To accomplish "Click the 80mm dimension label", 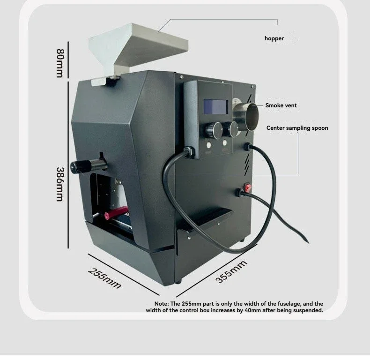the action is click(x=60, y=63).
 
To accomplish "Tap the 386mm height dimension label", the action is click(x=60, y=184).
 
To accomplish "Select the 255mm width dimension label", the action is click(x=104, y=278).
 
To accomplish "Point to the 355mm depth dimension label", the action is click(x=231, y=271).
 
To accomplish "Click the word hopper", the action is click(x=274, y=38).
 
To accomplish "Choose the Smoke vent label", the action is click(x=281, y=105).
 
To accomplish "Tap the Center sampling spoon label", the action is click(x=297, y=128).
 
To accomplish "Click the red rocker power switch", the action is click(x=248, y=187).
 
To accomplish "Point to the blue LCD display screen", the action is click(x=215, y=107).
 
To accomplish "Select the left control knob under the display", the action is click(x=214, y=130).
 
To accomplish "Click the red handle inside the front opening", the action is click(x=116, y=212).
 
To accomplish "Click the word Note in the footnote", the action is click(x=162, y=304).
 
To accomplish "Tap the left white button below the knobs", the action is click(x=208, y=145).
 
